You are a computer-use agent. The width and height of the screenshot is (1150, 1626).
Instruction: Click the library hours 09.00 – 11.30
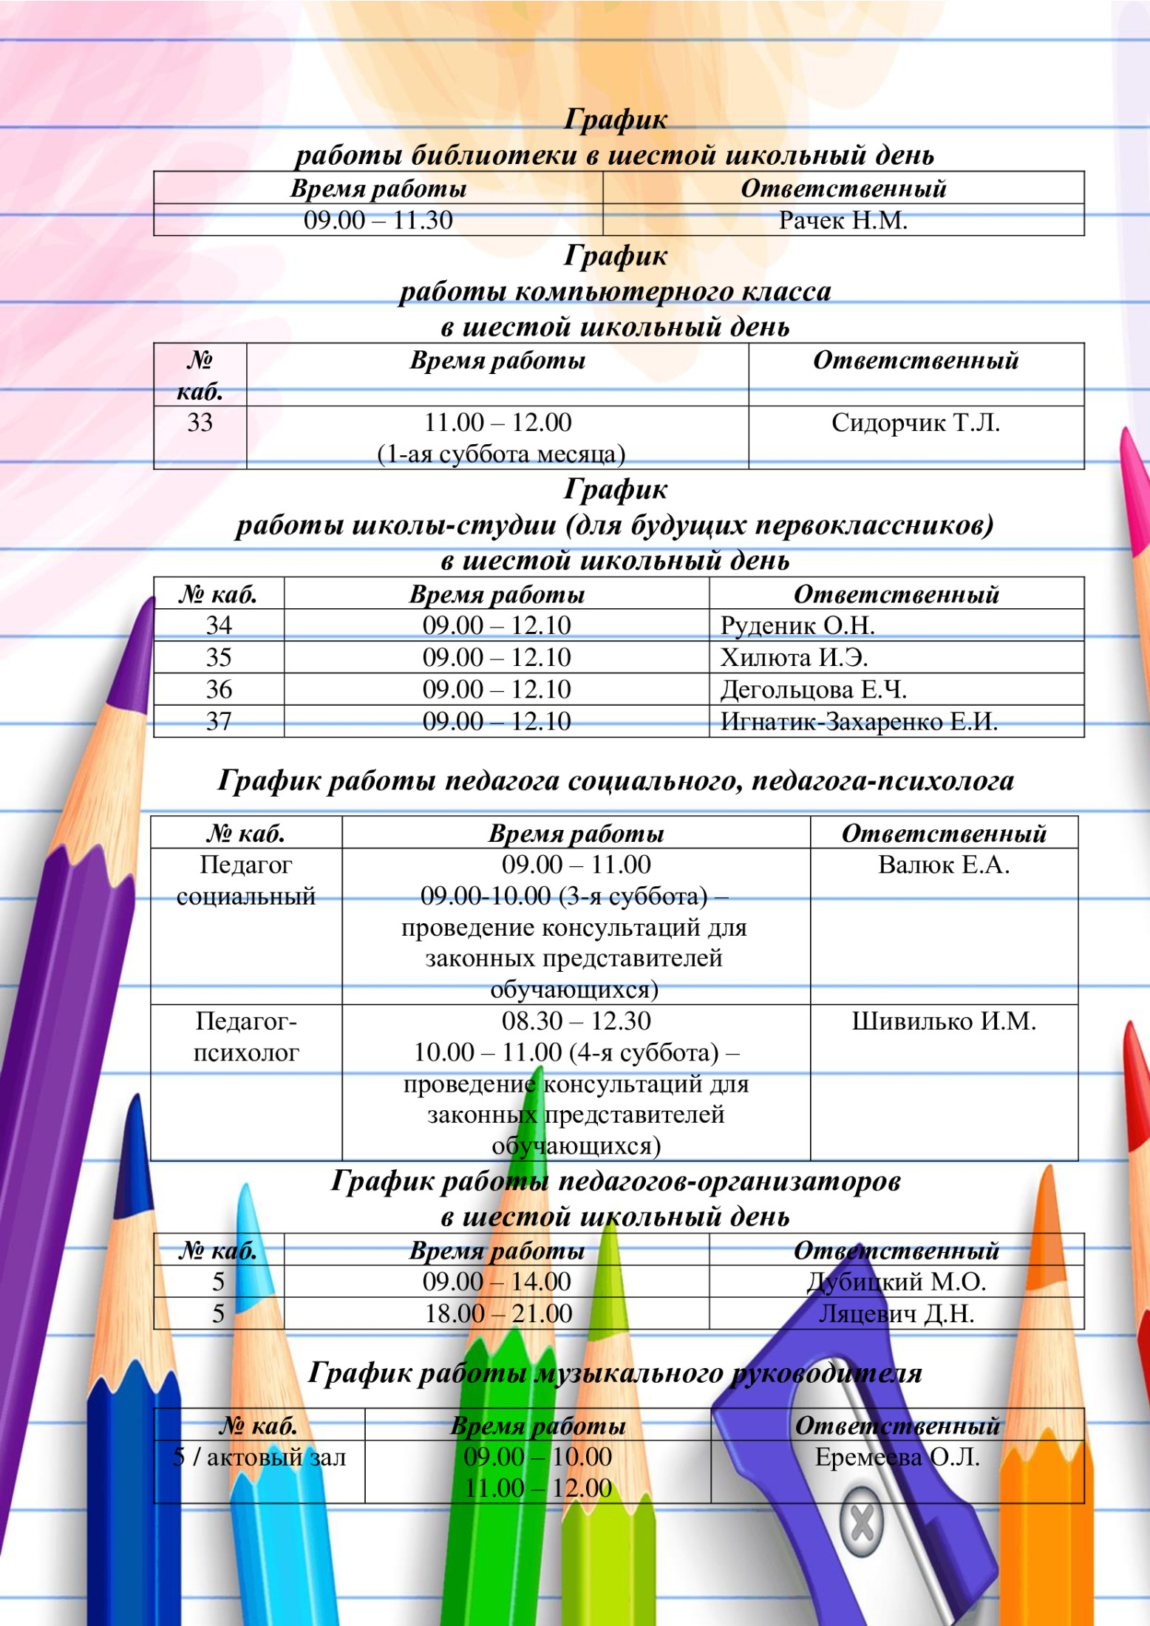[378, 220]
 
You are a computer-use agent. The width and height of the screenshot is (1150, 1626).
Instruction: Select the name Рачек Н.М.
[843, 220]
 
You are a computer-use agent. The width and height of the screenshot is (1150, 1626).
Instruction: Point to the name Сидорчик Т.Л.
[915, 423]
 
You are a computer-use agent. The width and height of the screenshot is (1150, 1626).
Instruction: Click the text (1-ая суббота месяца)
[501, 454]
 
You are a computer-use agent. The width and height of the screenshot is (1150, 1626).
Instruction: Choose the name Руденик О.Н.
[797, 625]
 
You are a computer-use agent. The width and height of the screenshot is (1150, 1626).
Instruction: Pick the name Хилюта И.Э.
[794, 657]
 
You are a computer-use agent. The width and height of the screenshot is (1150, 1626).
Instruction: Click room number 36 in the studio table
[219, 689]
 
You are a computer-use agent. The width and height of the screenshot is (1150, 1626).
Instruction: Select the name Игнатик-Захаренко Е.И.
[859, 721]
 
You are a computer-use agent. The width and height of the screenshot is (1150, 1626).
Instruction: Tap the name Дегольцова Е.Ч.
[813, 689]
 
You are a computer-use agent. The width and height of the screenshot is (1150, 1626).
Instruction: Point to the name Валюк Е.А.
[943, 864]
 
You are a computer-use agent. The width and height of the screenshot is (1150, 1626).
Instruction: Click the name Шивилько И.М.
[943, 1021]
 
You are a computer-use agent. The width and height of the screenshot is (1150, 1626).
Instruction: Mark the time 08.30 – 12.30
[576, 1021]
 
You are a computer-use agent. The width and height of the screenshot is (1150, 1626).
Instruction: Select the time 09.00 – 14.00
[497, 1281]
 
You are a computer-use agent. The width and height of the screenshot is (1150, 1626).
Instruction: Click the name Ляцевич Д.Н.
[896, 1313]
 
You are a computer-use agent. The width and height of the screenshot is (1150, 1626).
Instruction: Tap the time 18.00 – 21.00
[498, 1313]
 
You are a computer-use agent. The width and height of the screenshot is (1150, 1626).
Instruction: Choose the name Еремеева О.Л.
[896, 1457]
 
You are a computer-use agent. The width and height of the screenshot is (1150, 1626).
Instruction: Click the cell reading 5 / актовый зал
[259, 1457]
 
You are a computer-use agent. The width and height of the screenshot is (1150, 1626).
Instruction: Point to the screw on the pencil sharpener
[862, 1523]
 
